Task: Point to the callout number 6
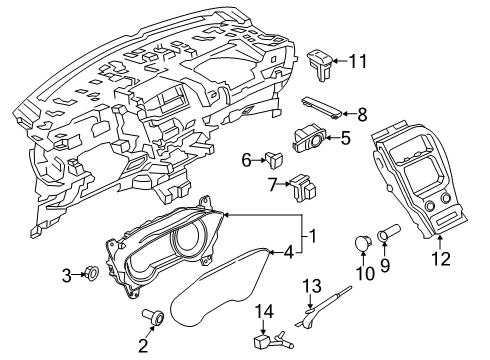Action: pyautogui.click(x=246, y=158)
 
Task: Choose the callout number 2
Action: pyautogui.click(x=142, y=346)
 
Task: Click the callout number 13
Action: pyautogui.click(x=311, y=287)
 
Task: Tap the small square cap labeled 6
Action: pyautogui.click(x=274, y=157)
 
